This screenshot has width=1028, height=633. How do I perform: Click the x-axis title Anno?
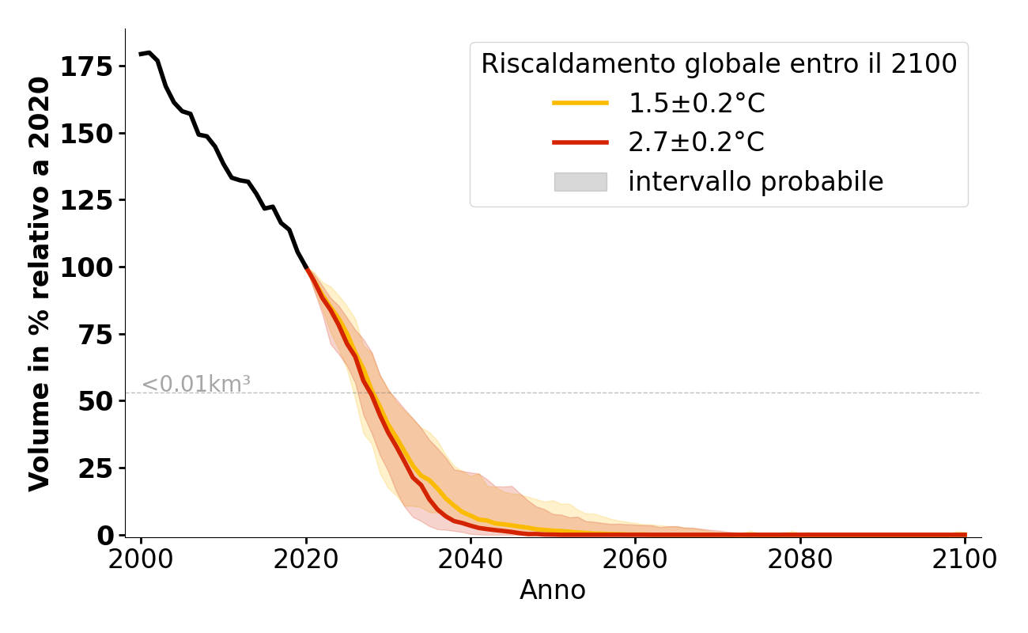(553, 590)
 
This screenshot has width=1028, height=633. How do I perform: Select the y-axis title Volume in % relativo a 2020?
(40, 283)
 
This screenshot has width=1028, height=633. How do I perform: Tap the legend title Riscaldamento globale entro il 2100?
(719, 64)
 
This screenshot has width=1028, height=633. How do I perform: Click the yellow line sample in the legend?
(580, 103)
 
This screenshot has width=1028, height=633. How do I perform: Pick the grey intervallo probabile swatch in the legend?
(580, 182)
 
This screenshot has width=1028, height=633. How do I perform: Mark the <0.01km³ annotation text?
(196, 385)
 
